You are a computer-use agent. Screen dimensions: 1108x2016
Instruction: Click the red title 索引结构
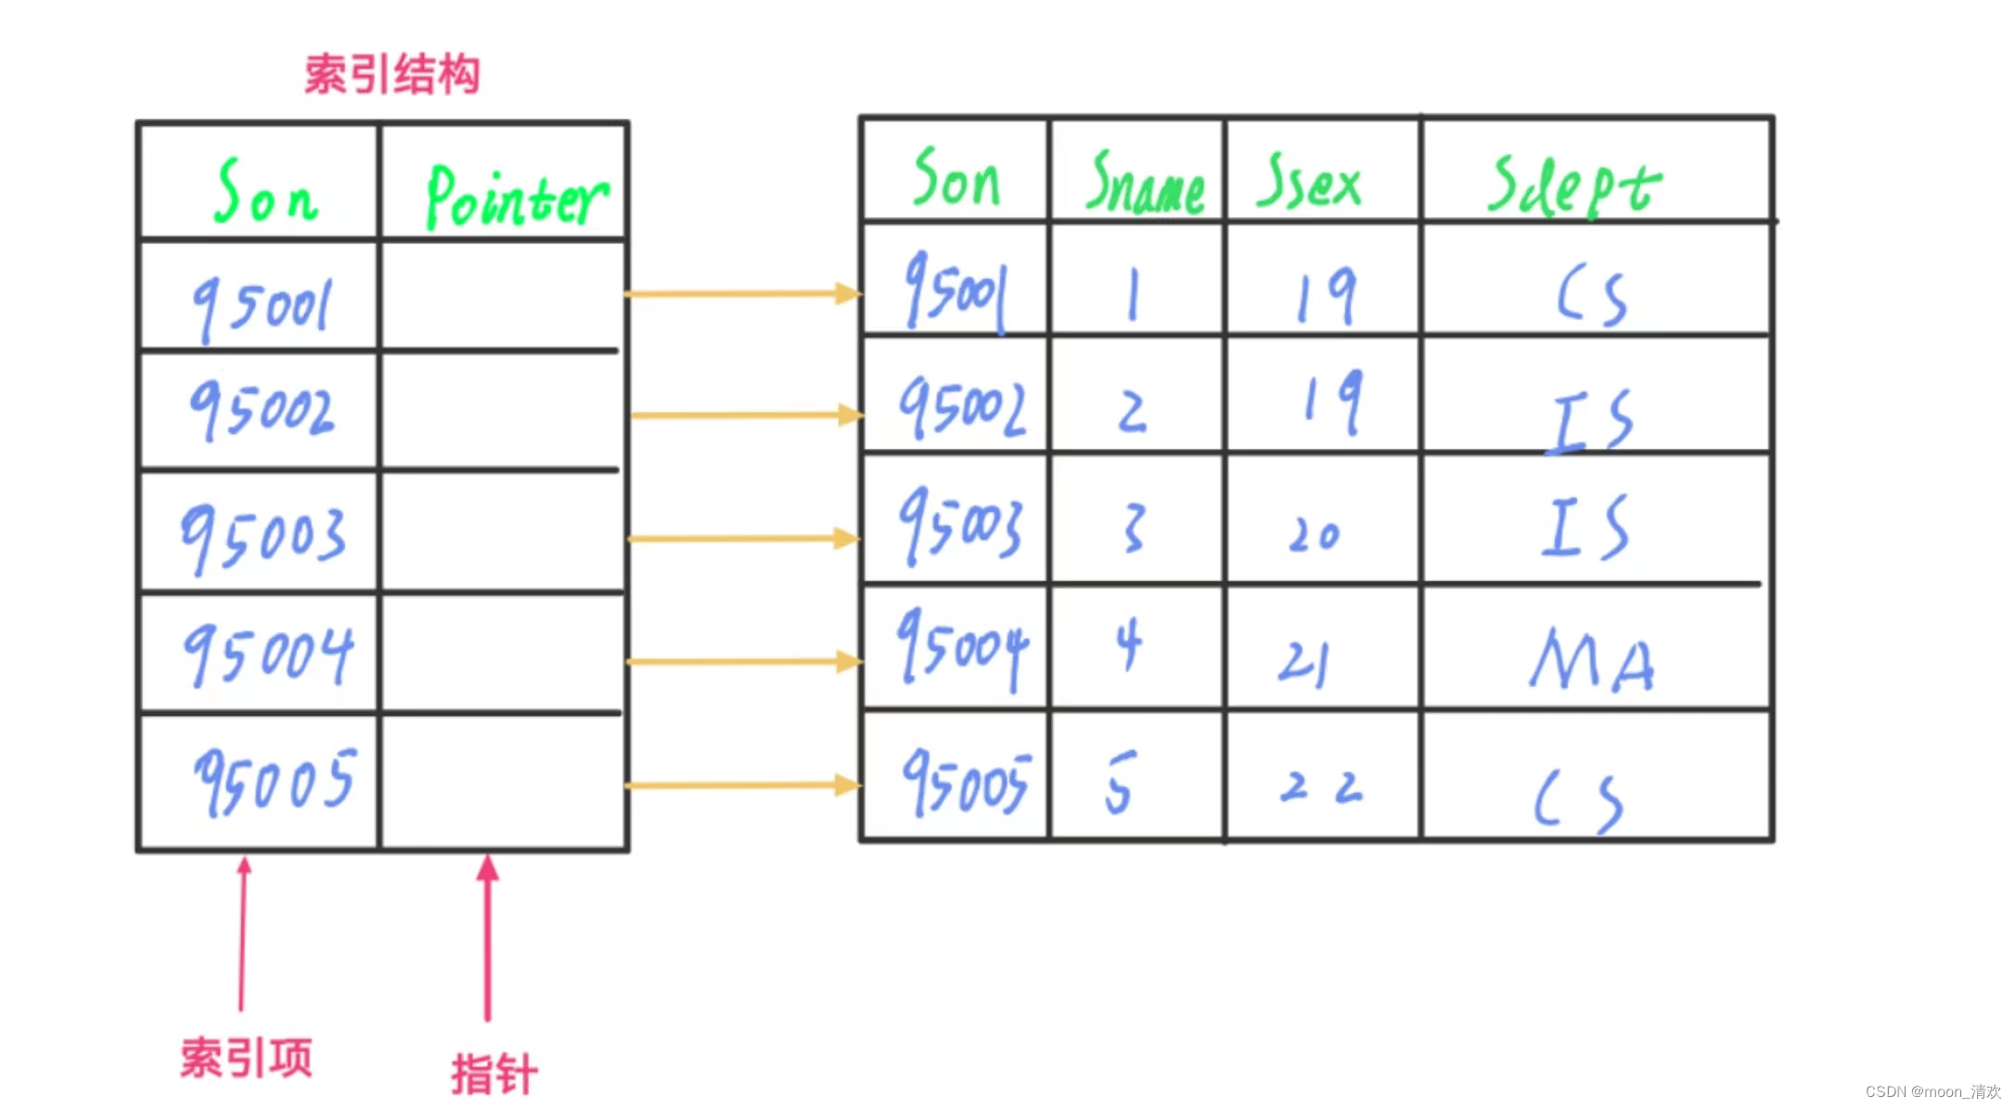392,74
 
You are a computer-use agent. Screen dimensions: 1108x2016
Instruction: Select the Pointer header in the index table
516,197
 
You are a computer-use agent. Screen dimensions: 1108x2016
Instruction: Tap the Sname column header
1146,183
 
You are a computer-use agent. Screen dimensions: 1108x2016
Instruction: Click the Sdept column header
1574,185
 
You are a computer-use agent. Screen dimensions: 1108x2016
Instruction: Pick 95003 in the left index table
263,536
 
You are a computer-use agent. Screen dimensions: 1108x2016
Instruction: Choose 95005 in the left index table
275,782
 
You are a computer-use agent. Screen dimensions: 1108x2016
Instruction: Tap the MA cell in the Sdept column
1592,660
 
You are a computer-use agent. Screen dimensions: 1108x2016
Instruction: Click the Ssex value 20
1315,534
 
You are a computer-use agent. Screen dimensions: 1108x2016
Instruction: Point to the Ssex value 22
1321,787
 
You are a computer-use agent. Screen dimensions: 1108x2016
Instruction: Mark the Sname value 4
1128,643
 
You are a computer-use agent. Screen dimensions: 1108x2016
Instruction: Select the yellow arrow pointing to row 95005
743,785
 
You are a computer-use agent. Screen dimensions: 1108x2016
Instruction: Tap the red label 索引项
246,1058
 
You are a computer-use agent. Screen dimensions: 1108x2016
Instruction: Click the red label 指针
494,1075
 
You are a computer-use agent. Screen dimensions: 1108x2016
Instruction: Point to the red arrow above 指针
488,936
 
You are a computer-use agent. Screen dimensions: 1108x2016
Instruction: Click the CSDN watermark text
1933,1091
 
